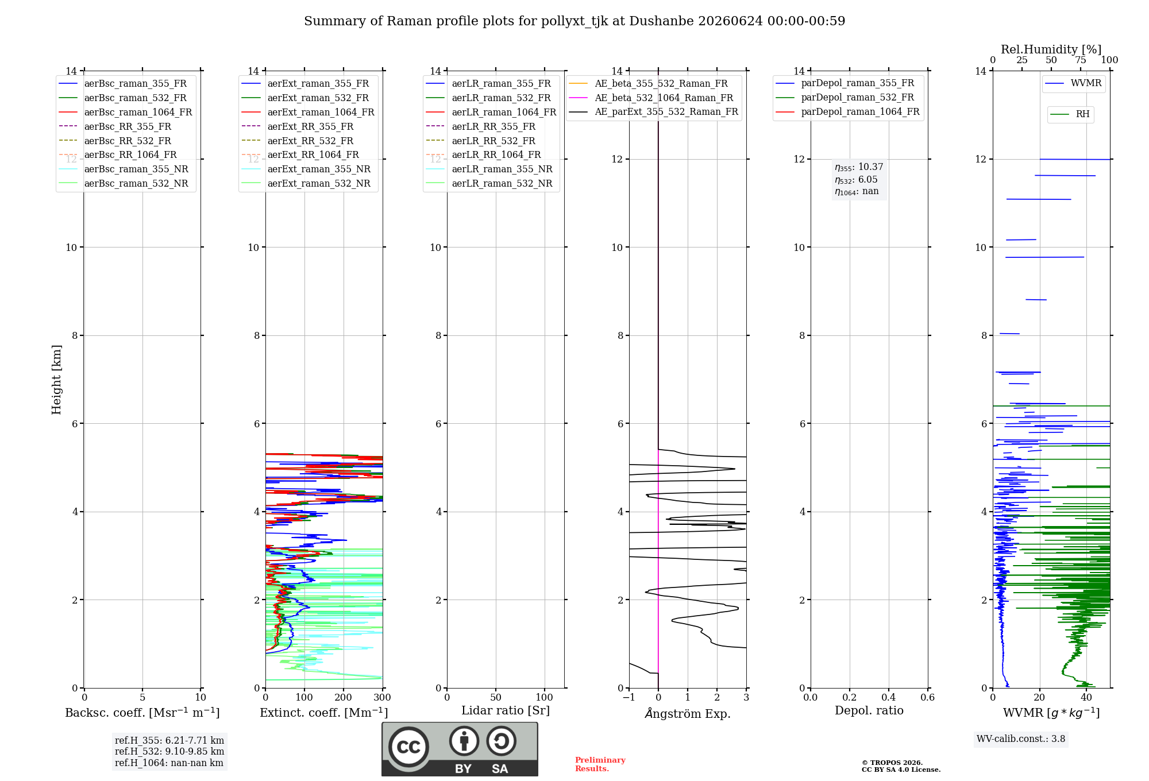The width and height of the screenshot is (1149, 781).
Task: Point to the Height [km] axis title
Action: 56,380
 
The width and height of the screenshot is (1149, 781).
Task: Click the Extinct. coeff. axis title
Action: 324,713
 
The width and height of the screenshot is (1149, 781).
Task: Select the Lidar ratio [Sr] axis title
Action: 506,710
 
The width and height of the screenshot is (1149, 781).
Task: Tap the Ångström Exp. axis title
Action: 688,713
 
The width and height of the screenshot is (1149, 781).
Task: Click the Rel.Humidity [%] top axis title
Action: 1051,49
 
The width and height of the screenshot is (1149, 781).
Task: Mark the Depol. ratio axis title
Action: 869,710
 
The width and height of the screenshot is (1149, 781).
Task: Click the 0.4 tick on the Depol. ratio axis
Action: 889,697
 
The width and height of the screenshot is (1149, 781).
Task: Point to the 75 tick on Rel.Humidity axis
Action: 1081,60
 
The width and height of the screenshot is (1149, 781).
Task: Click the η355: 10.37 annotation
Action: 859,167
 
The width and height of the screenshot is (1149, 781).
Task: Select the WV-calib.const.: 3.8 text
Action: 1021,739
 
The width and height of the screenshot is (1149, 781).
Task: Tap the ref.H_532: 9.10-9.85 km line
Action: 169,751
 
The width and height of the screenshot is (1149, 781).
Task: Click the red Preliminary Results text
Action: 600,764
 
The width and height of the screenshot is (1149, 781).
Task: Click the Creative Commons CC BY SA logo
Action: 460,749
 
